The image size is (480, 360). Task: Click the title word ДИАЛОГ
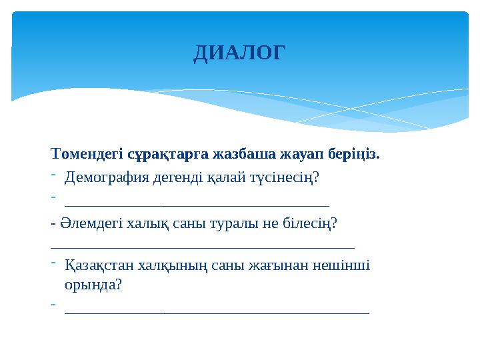tap(239, 53)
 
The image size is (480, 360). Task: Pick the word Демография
tap(106, 177)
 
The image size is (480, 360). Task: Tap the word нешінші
tap(343, 265)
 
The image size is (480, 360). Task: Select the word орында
tap(91, 285)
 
